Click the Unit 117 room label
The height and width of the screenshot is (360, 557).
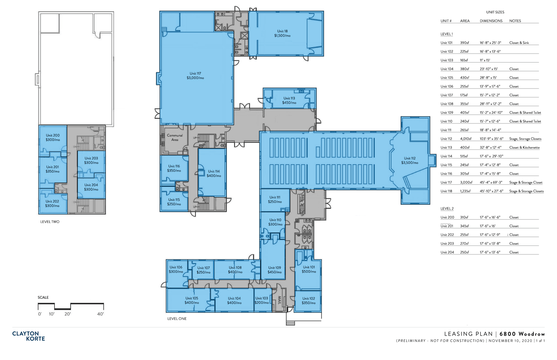coord(195,74)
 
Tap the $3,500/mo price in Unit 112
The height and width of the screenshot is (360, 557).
coord(410,163)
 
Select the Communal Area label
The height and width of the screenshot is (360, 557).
coord(175,137)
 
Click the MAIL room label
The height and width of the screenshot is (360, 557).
coord(280,300)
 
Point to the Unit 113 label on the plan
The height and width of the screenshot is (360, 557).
coord(289,98)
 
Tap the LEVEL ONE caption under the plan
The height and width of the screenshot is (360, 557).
coord(177,319)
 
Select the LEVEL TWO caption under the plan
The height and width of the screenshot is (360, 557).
coord(50,222)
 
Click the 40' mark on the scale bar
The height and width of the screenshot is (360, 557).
coord(100,314)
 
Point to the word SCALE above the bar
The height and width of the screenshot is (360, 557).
coord(43,297)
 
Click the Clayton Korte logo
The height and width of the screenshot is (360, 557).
coord(28,336)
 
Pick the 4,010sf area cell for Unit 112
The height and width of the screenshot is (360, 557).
coord(466,139)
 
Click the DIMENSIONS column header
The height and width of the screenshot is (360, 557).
coord(491,21)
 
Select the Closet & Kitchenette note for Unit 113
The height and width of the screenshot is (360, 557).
coord(525,148)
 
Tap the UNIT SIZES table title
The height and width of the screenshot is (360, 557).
coord(495,12)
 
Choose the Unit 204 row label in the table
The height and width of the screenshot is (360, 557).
coord(447,252)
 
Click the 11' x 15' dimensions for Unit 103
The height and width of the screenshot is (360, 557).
coord(485,60)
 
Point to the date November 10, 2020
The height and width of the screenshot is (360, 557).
coord(511,341)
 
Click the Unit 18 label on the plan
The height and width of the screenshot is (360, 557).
coord(282,31)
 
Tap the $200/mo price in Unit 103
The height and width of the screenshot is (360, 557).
coord(262,303)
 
